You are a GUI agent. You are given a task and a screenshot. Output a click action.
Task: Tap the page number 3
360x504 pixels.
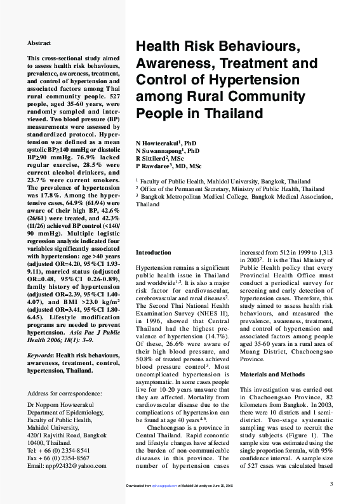click(x=331, y=484)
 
